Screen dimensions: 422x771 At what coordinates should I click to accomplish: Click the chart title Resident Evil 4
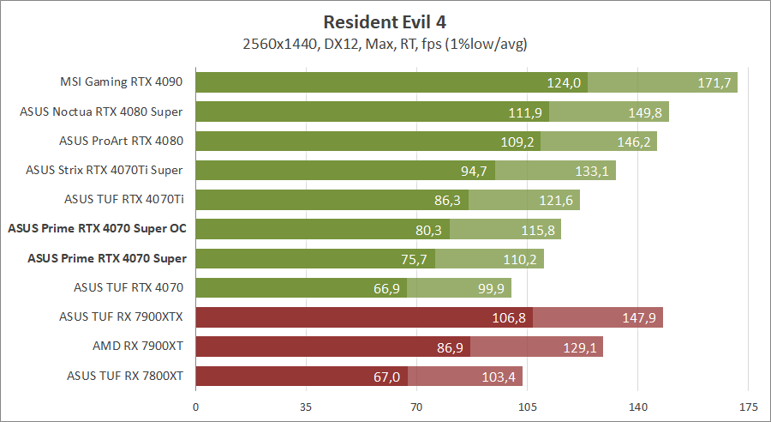pyautogui.click(x=385, y=21)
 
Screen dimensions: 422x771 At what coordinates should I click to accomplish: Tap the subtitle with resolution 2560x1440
pyautogui.click(x=385, y=43)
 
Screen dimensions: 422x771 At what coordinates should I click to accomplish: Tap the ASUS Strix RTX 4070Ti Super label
pyautogui.click(x=104, y=170)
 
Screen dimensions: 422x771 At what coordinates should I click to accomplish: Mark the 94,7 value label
pyautogui.click(x=474, y=171)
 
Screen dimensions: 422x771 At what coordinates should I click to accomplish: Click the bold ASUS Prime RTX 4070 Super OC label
pyautogui.click(x=97, y=228)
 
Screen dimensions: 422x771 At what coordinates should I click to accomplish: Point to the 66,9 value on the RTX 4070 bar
pyautogui.click(x=387, y=287)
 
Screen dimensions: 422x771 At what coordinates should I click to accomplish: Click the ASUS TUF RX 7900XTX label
pyautogui.click(x=123, y=316)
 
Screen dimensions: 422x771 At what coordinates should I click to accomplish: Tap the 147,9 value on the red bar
pyautogui.click(x=640, y=317)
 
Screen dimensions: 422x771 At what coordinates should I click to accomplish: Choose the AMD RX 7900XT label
pyautogui.click(x=139, y=345)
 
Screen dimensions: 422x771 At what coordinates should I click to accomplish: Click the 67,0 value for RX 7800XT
pyautogui.click(x=387, y=376)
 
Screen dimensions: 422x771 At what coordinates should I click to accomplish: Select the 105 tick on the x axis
pyautogui.click(x=527, y=406)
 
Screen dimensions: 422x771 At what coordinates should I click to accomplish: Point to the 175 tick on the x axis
pyautogui.click(x=748, y=406)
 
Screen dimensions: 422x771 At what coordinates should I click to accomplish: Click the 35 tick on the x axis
pyautogui.click(x=307, y=406)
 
